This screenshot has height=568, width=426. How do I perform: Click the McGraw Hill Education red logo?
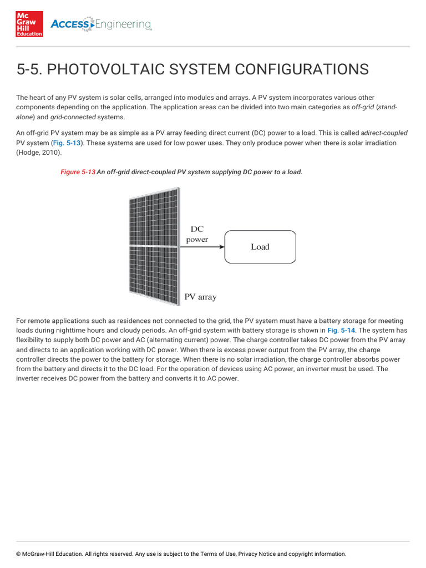point(29,24)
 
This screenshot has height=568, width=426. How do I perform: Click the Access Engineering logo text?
point(101,24)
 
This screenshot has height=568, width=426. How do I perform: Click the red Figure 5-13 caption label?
point(78,172)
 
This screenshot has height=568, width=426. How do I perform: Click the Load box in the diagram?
point(260,247)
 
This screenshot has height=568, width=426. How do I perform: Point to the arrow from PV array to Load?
point(202,246)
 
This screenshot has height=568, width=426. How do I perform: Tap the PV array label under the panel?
point(200,297)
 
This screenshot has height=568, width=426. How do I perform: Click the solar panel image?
point(154,246)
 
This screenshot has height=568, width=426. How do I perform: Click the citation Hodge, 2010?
point(40,152)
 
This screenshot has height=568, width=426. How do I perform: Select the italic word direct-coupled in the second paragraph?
point(386,133)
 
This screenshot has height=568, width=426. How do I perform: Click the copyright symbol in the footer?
point(18,554)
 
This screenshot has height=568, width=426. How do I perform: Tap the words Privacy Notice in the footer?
point(257,554)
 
